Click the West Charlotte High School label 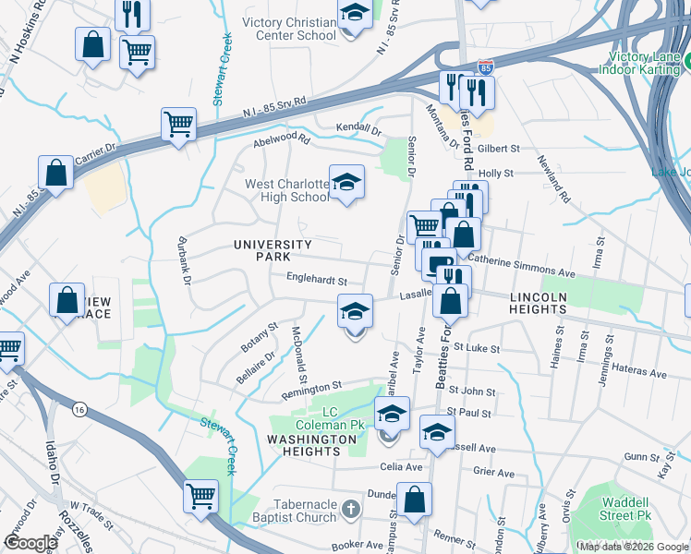click(x=286, y=190)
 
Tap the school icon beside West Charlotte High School click(x=346, y=183)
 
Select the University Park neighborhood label click(x=273, y=249)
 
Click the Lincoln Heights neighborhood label click(x=537, y=303)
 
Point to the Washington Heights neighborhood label click(x=311, y=445)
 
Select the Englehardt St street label click(x=316, y=278)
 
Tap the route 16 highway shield click(x=80, y=407)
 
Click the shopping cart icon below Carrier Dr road click(x=178, y=125)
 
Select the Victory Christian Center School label click(x=289, y=29)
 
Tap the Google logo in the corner click(x=30, y=543)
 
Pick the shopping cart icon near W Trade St click(x=200, y=496)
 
